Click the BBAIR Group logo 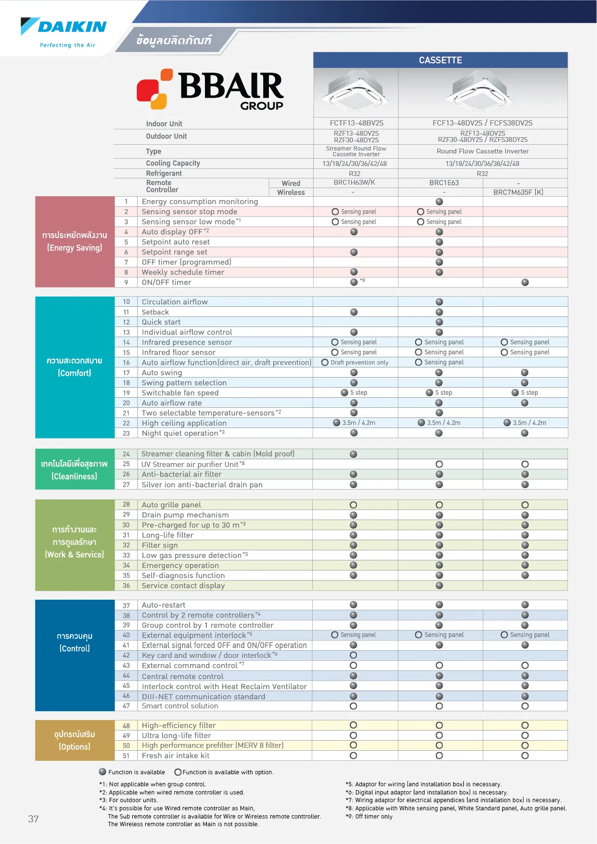pos(210,89)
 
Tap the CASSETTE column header pos(440,60)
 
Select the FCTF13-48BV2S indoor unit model pos(356,123)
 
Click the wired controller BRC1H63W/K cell pos(354,183)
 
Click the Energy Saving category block pos(75,241)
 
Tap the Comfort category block pos(75,367)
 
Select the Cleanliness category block pos(75,470)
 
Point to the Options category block pos(75,740)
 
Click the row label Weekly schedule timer pos(183,272)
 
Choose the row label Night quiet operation pos(180,433)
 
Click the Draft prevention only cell pos(356,363)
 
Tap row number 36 pos(126,586)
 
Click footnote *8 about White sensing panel pos(456,808)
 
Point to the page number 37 pos(33,819)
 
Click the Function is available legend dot pos(102,772)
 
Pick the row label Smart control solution pos(180,706)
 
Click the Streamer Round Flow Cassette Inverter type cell pos(356,151)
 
